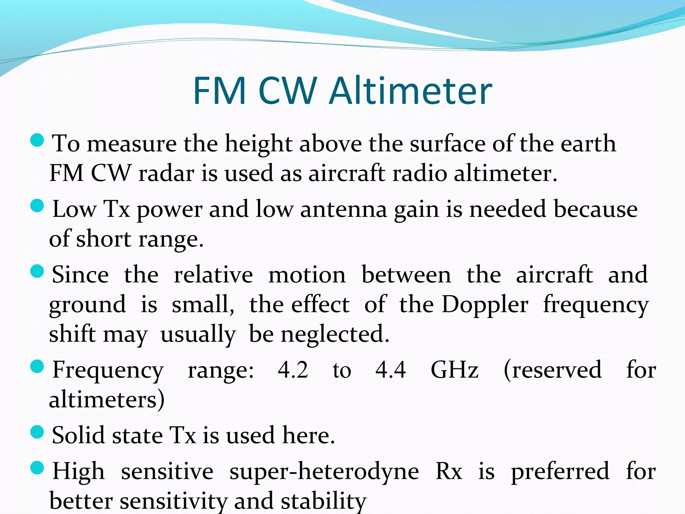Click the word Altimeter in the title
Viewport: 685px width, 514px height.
click(410, 91)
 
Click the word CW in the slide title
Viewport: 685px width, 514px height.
click(288, 91)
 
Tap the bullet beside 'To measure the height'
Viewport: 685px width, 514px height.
click(37, 140)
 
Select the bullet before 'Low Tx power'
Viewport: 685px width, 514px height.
click(37, 206)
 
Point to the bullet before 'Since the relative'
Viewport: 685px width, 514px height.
click(37, 271)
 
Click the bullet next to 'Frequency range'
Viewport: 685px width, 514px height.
click(37, 366)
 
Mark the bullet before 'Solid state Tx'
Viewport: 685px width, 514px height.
click(37, 432)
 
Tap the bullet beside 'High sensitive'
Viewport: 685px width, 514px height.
click(37, 468)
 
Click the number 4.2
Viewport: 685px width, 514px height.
click(293, 370)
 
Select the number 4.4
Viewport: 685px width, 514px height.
click(391, 370)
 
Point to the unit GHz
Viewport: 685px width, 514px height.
click(455, 370)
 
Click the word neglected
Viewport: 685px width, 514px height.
click(335, 334)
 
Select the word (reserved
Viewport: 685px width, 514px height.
click(553, 370)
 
